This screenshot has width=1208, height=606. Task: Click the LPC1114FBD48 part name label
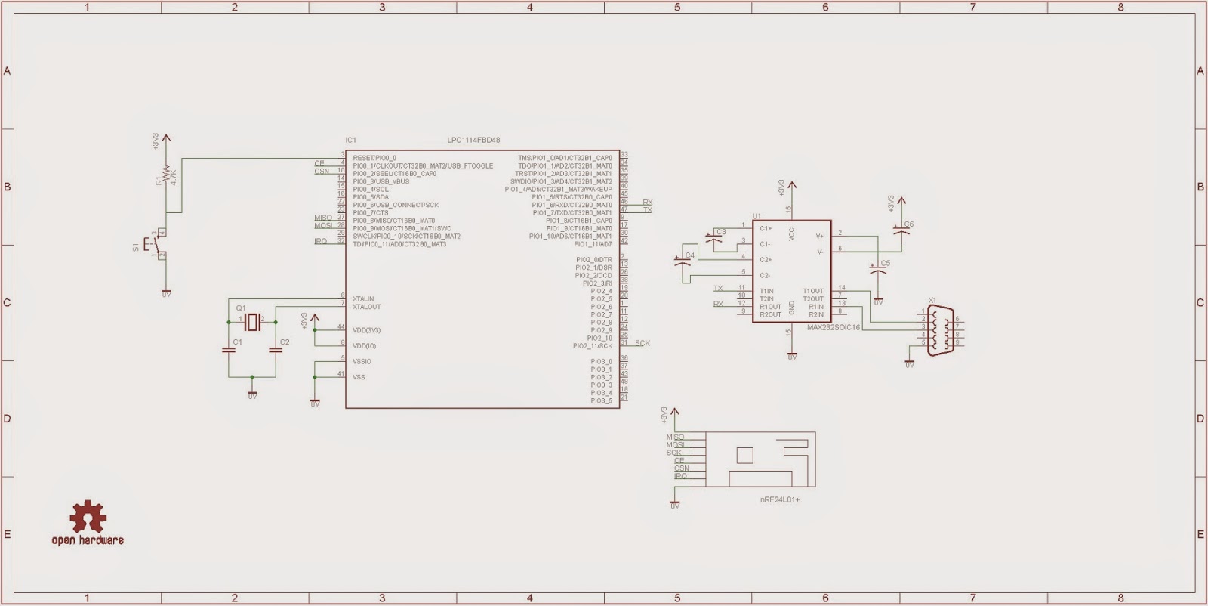[x=473, y=141]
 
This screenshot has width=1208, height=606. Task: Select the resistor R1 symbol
[x=167, y=178]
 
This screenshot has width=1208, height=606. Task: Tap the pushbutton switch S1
[x=156, y=245]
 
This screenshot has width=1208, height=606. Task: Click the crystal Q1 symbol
[x=251, y=322]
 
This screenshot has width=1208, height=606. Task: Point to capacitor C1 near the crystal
[x=228, y=349]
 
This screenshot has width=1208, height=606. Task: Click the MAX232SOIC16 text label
[x=833, y=328]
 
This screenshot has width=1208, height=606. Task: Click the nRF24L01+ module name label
[x=779, y=500]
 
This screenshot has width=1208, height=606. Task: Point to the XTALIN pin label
[x=363, y=299]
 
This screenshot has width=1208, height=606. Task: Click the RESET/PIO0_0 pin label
[x=374, y=158]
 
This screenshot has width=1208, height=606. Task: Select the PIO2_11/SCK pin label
[x=593, y=346]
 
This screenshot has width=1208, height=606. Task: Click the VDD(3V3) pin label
[x=366, y=330]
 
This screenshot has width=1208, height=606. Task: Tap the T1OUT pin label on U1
[x=813, y=291]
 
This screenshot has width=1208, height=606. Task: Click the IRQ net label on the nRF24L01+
[x=680, y=476]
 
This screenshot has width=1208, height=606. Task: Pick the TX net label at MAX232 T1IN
[x=718, y=289]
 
